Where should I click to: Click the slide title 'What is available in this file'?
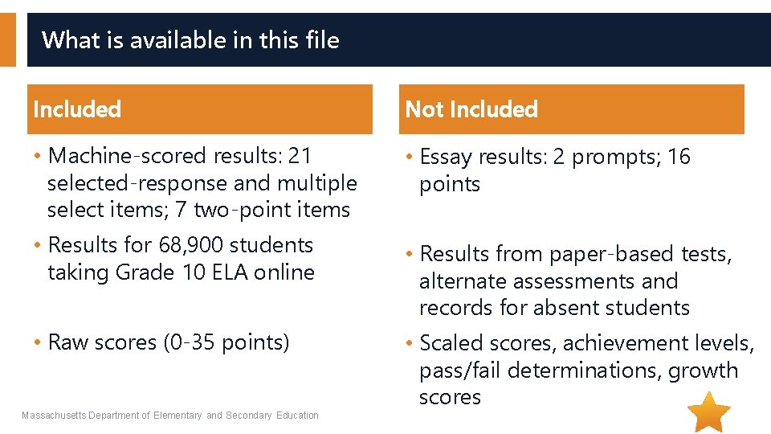(190, 39)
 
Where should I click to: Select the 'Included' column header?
(77, 108)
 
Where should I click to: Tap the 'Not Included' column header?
(471, 108)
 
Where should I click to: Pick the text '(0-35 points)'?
(226, 342)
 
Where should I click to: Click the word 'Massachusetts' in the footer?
(54, 416)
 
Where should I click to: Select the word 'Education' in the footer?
(297, 416)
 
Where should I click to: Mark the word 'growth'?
(707, 371)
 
